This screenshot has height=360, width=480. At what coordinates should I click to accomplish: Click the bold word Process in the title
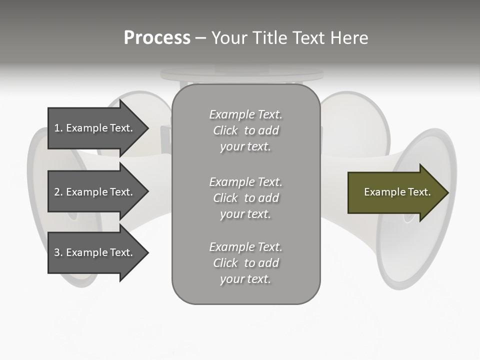[x=157, y=38]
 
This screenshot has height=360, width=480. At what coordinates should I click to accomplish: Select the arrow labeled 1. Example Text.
[x=95, y=128]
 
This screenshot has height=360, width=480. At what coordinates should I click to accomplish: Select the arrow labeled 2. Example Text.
[x=95, y=192]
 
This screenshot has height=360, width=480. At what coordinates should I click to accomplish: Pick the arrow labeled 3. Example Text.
[x=95, y=252]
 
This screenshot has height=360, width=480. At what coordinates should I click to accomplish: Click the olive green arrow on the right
[x=395, y=192]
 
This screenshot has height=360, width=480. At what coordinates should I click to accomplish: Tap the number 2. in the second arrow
[x=58, y=192]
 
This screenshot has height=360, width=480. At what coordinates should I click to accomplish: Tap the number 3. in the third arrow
[x=58, y=252]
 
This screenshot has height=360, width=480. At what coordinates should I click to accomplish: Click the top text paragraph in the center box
[x=245, y=130]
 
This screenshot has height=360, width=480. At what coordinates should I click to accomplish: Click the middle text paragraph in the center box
[x=245, y=198]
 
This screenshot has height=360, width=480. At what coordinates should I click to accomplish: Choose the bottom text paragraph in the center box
[x=245, y=263]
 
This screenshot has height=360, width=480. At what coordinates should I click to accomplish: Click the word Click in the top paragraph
[x=225, y=130]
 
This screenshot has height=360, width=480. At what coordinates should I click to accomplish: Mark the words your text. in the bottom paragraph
[x=245, y=279]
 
